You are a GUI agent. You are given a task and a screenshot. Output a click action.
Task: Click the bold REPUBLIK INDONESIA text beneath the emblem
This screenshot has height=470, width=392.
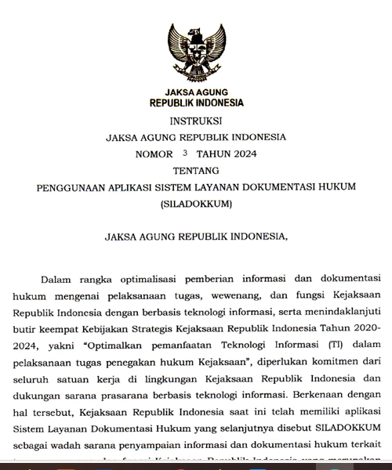coord(196,103)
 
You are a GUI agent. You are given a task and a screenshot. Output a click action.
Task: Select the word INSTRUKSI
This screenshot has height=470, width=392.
coord(196,121)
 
